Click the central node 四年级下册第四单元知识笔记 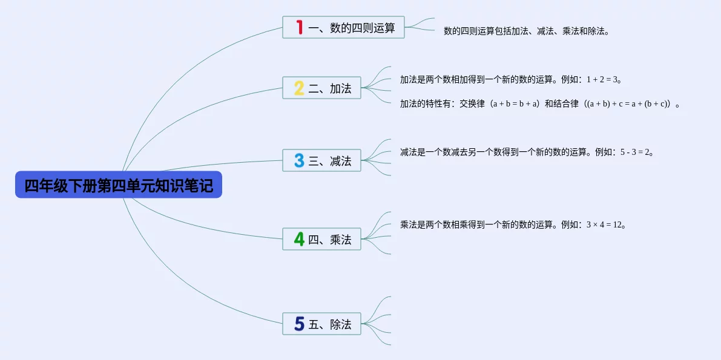pyautogui.click(x=119, y=185)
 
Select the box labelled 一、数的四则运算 pyautogui.click(x=343, y=27)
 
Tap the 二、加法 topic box pyautogui.click(x=322, y=88)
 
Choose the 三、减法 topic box pyautogui.click(x=322, y=160)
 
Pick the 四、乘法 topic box pyautogui.click(x=322, y=239)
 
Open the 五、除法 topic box pyautogui.click(x=322, y=324)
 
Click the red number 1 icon pyautogui.click(x=299, y=27)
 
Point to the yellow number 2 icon pyautogui.click(x=299, y=88)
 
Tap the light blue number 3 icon pyautogui.click(x=299, y=160)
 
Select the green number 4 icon pyautogui.click(x=299, y=239)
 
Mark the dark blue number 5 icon pyautogui.click(x=299, y=324)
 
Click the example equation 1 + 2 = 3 pyautogui.click(x=602, y=79)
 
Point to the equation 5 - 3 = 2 pyautogui.click(x=635, y=152)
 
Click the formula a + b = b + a pyautogui.click(x=515, y=104)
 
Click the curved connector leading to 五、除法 pyautogui.click(x=179, y=281)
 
